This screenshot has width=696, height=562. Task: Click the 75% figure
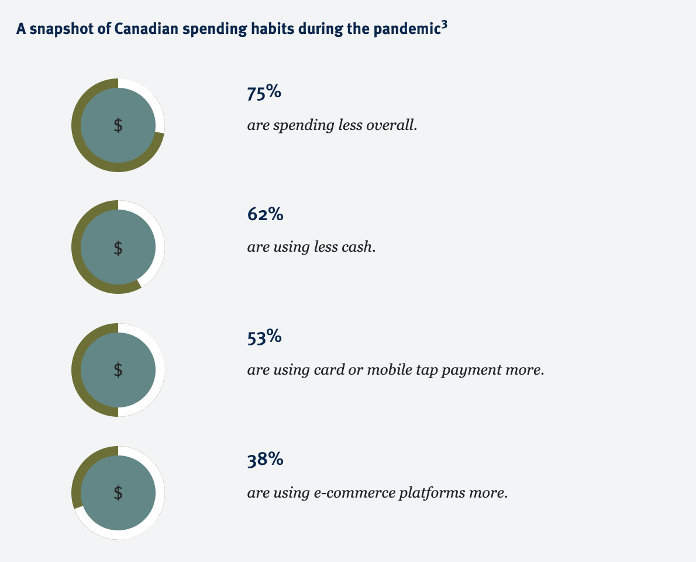pos(264,93)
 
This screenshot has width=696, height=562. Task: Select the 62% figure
pos(265,215)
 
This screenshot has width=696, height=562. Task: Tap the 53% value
pos(264,338)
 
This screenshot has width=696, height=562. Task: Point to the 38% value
pos(265,460)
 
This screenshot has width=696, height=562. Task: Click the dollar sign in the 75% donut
pos(118,125)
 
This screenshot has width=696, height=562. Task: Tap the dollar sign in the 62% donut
pos(118,248)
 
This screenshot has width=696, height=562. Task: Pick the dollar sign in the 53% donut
pos(118,369)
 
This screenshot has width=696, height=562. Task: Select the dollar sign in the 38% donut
pos(118,492)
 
